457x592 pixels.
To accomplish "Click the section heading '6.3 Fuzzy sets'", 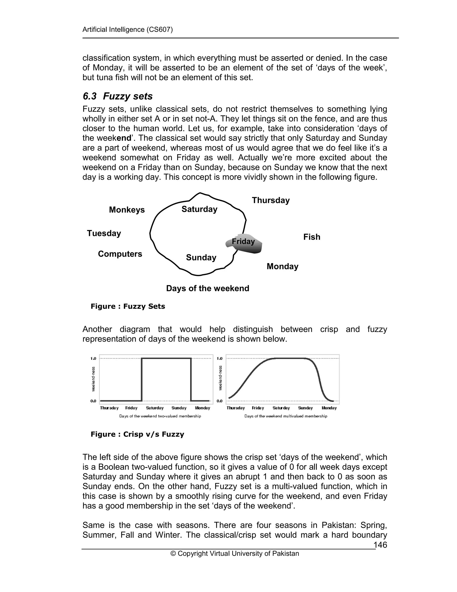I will pos(118,96).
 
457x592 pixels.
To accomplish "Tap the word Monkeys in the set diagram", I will pos(127,210).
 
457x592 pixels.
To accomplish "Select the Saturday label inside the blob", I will pos(199,209).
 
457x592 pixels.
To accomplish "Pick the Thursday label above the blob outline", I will pos(271,200).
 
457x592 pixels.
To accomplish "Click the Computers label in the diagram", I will pos(120,254).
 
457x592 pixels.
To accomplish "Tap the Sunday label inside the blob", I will pos(201,258).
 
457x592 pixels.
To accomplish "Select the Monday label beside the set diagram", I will pos(282,267).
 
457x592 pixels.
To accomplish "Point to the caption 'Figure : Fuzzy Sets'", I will pos(128,306).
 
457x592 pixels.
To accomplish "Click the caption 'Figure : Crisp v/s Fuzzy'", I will pos(137,434).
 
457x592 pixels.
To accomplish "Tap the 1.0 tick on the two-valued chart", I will pos(93,359).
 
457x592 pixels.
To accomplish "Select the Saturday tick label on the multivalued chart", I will pos(281,408).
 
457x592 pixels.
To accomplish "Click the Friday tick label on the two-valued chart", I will pos(131,408).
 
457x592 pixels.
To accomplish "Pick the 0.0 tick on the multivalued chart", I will pos(220,401).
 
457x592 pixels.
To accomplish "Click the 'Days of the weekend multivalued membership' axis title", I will pos(286,416).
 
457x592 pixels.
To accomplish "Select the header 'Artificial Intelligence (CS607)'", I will pos(127,29).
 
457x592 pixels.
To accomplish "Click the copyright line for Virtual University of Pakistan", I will pos(235,554).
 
